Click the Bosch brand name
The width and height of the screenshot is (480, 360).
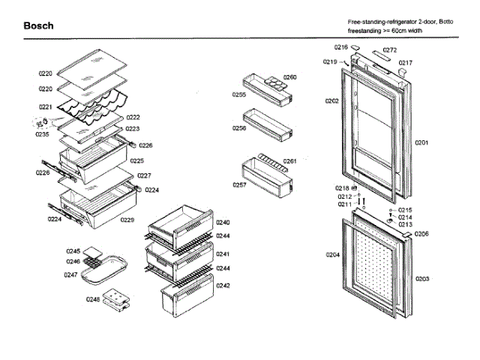click(38, 26)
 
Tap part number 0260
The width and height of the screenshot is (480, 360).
click(290, 77)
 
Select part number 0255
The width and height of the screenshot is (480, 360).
click(238, 95)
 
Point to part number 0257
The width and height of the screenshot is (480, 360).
click(239, 184)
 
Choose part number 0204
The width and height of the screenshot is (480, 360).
click(332, 255)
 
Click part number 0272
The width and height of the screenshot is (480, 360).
click(390, 49)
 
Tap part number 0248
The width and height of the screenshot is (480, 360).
click(92, 300)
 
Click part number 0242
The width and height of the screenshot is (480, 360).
click(223, 285)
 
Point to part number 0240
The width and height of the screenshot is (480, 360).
click(223, 223)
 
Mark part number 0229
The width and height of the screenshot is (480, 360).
click(127, 220)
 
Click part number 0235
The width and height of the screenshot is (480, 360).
click(41, 135)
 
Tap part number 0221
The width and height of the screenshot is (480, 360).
click(46, 107)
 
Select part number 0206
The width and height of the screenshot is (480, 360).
click(422, 234)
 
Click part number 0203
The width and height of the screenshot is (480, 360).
click(422, 279)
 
